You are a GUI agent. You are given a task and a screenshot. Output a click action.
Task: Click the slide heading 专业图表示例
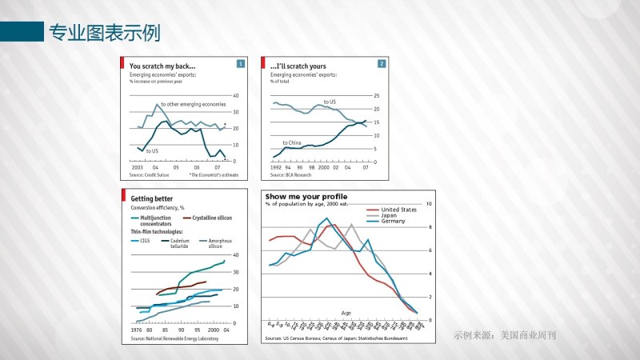tap(105, 33)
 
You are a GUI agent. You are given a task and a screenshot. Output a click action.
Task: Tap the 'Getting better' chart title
tap(152, 198)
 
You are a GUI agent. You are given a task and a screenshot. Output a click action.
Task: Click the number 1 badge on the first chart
tap(241, 63)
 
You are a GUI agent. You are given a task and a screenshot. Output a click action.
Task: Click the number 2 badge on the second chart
tap(382, 63)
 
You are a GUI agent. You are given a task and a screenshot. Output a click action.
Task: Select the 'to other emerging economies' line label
tap(194, 104)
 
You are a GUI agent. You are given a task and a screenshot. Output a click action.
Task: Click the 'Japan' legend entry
tap(391, 215)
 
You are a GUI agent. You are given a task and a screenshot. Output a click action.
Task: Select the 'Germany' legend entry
tap(394, 221)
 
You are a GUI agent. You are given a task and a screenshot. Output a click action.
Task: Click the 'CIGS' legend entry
tap(145, 240)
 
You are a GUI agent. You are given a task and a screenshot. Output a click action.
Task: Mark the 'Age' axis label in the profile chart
tap(346, 313)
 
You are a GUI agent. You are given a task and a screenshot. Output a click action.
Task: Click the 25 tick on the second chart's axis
tap(376, 95)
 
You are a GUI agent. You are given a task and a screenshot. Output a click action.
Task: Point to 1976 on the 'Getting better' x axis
tap(136, 330)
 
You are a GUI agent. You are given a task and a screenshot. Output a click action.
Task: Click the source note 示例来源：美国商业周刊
tap(504, 334)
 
